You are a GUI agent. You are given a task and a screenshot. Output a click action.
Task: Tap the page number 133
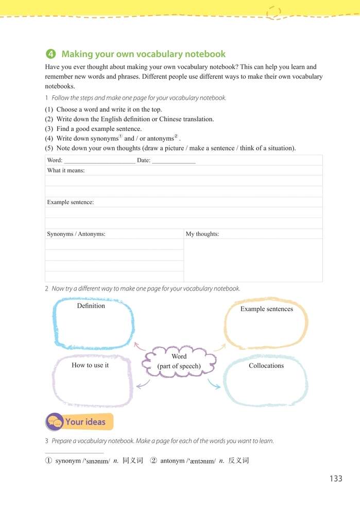[335, 479]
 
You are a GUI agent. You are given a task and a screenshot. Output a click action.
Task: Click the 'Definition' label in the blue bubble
[91, 306]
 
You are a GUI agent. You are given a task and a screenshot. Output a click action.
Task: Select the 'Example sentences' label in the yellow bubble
[266, 309]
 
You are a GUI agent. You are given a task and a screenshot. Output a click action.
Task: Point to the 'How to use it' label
[90, 365]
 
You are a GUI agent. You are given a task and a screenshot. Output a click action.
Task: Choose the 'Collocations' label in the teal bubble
[266, 366]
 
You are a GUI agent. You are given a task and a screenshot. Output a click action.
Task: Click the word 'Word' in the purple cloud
[179, 357]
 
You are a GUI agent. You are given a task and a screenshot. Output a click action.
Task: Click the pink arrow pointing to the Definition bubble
[139, 346]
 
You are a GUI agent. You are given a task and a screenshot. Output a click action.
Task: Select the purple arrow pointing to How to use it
[143, 384]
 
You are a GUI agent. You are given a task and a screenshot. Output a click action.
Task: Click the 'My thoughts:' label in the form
[202, 234]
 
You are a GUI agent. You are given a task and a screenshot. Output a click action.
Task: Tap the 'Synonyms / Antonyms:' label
[76, 234]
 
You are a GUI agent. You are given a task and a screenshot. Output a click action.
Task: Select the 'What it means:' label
[66, 171]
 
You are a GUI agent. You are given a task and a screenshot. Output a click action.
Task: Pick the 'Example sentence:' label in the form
[70, 202]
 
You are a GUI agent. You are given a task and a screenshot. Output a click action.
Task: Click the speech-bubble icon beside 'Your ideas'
[54, 422]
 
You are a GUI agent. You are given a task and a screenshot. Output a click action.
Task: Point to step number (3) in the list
[49, 129]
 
